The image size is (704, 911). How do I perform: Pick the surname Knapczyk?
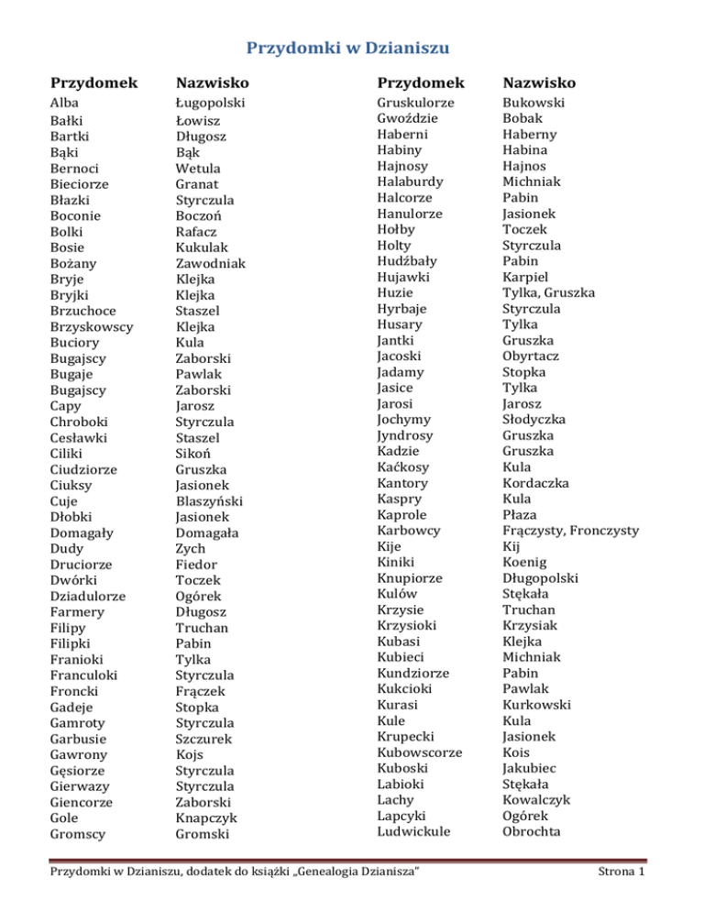(208, 818)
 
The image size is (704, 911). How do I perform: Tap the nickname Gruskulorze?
(416, 103)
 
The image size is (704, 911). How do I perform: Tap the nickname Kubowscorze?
(420, 752)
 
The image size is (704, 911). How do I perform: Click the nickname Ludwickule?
(412, 831)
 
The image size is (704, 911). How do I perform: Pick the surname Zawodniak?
(213, 263)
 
